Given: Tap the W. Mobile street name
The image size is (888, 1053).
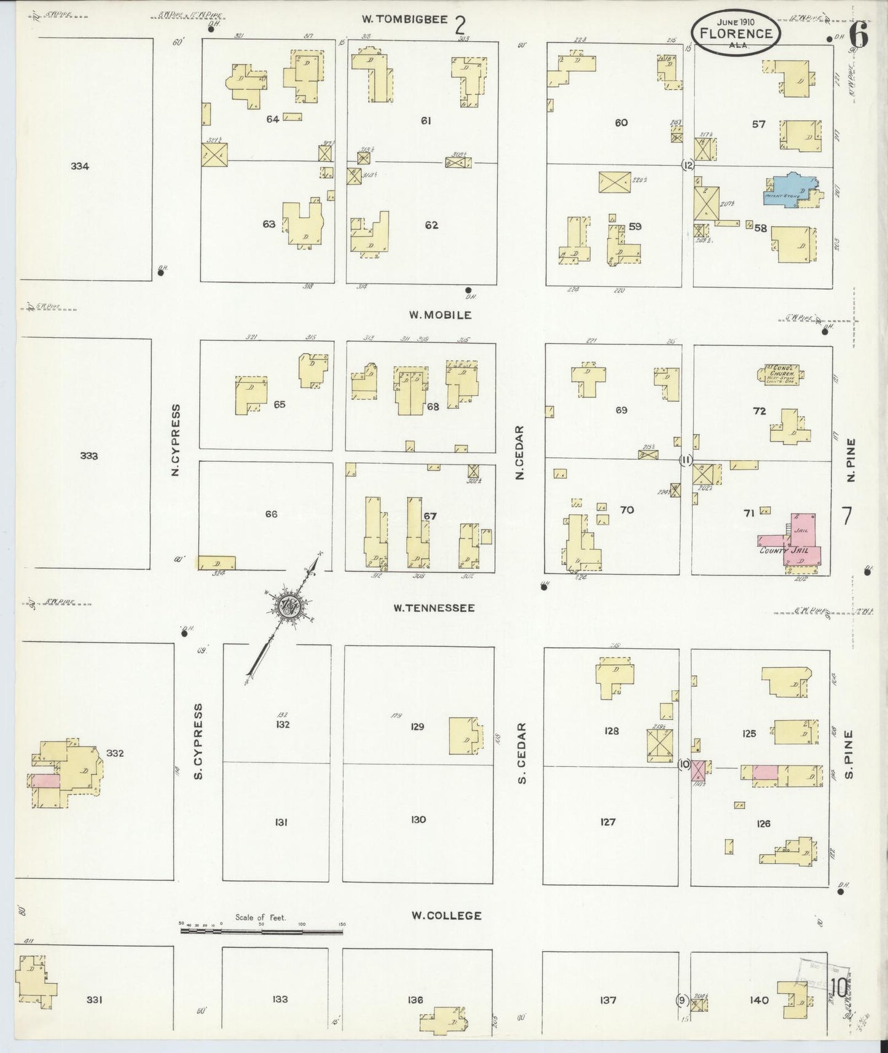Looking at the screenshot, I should click(x=441, y=315).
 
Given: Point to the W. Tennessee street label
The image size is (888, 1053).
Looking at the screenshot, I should click(x=434, y=608).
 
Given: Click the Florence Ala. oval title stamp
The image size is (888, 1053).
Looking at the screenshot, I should click(x=736, y=33).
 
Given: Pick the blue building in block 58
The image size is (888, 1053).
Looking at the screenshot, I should click(x=786, y=190).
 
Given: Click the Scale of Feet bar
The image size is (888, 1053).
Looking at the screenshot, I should click(x=261, y=931).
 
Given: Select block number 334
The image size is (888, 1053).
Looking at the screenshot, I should click(x=80, y=166).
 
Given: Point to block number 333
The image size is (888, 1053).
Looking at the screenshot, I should click(x=89, y=456).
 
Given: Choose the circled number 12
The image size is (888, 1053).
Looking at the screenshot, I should click(x=688, y=165).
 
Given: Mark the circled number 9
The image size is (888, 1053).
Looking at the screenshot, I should click(x=681, y=1000).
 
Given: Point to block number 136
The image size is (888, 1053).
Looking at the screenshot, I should click(x=415, y=1000).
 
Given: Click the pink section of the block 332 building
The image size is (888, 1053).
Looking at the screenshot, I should click(x=45, y=780).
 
